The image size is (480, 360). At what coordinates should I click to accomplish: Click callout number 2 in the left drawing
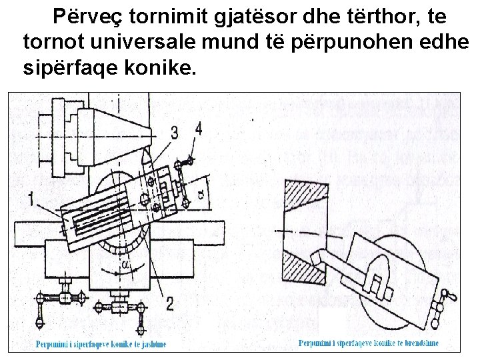(x=169, y=304)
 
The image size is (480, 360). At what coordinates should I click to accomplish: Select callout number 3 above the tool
(x=175, y=133)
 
